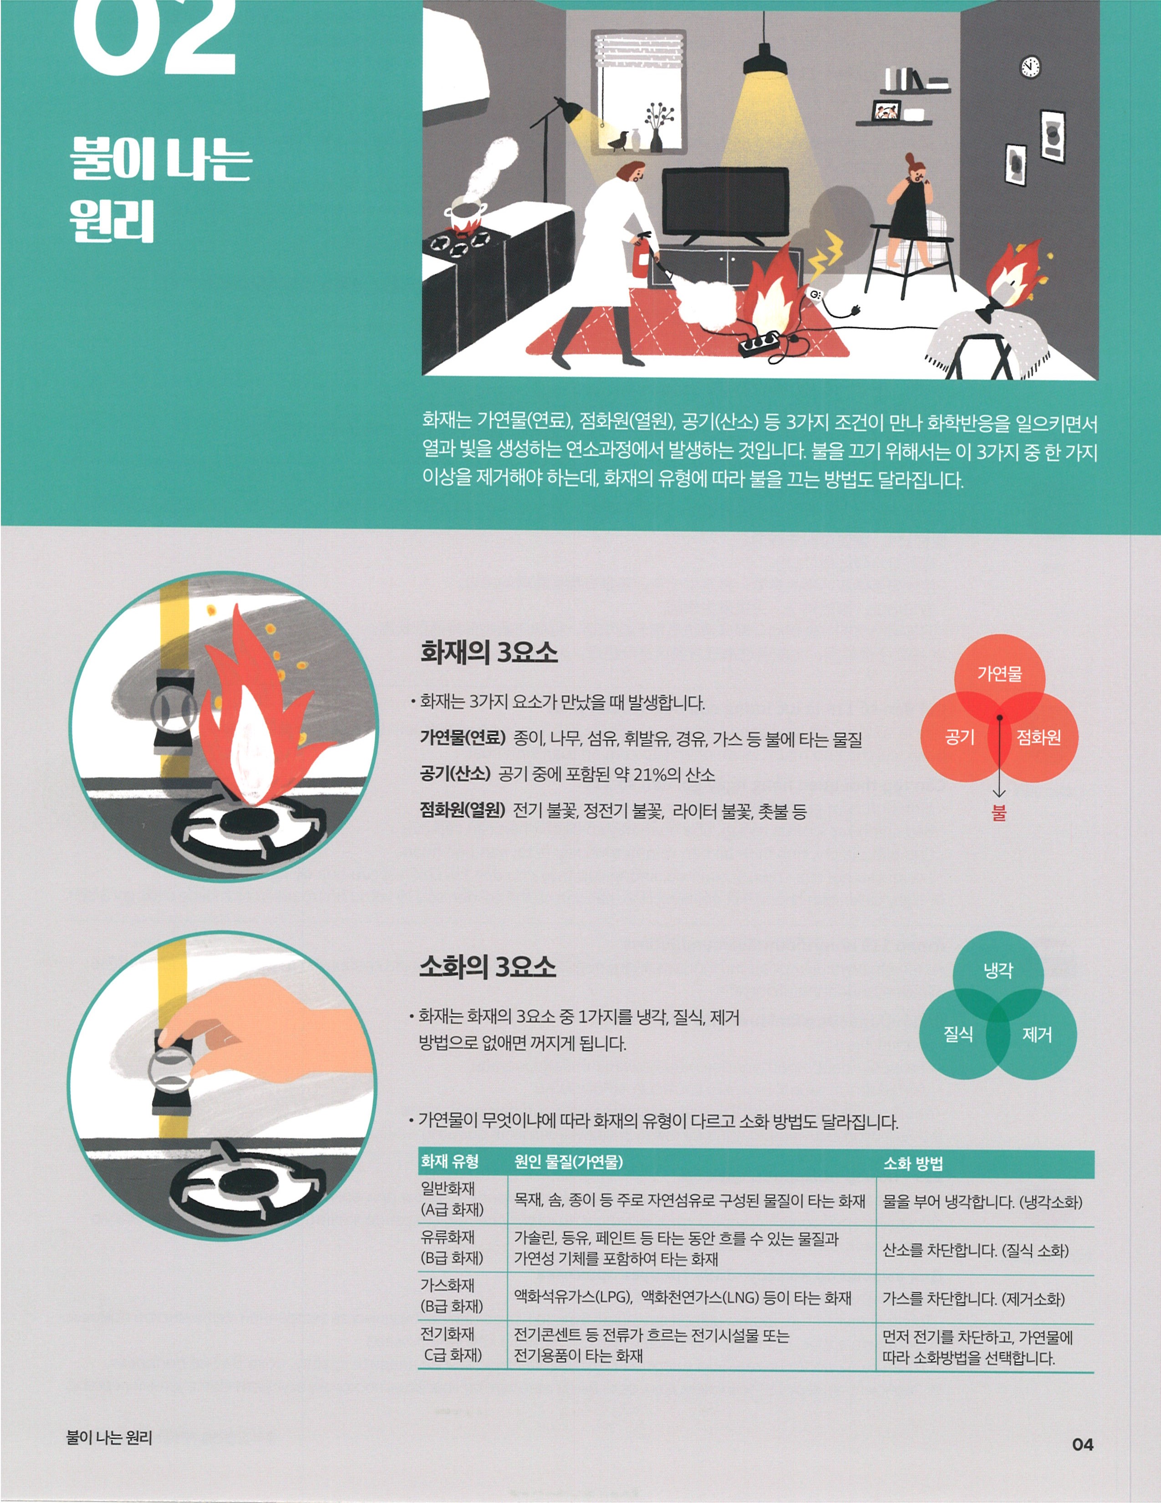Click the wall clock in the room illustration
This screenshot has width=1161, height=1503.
pos(1029,67)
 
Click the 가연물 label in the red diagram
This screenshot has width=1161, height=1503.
pos(999,674)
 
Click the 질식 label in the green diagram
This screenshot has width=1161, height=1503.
pos(958,1034)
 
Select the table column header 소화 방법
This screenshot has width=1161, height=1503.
pos(913,1164)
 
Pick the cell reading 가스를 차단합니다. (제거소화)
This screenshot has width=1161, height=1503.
pos(973,1299)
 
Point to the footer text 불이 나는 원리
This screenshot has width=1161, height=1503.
pos(109,1437)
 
